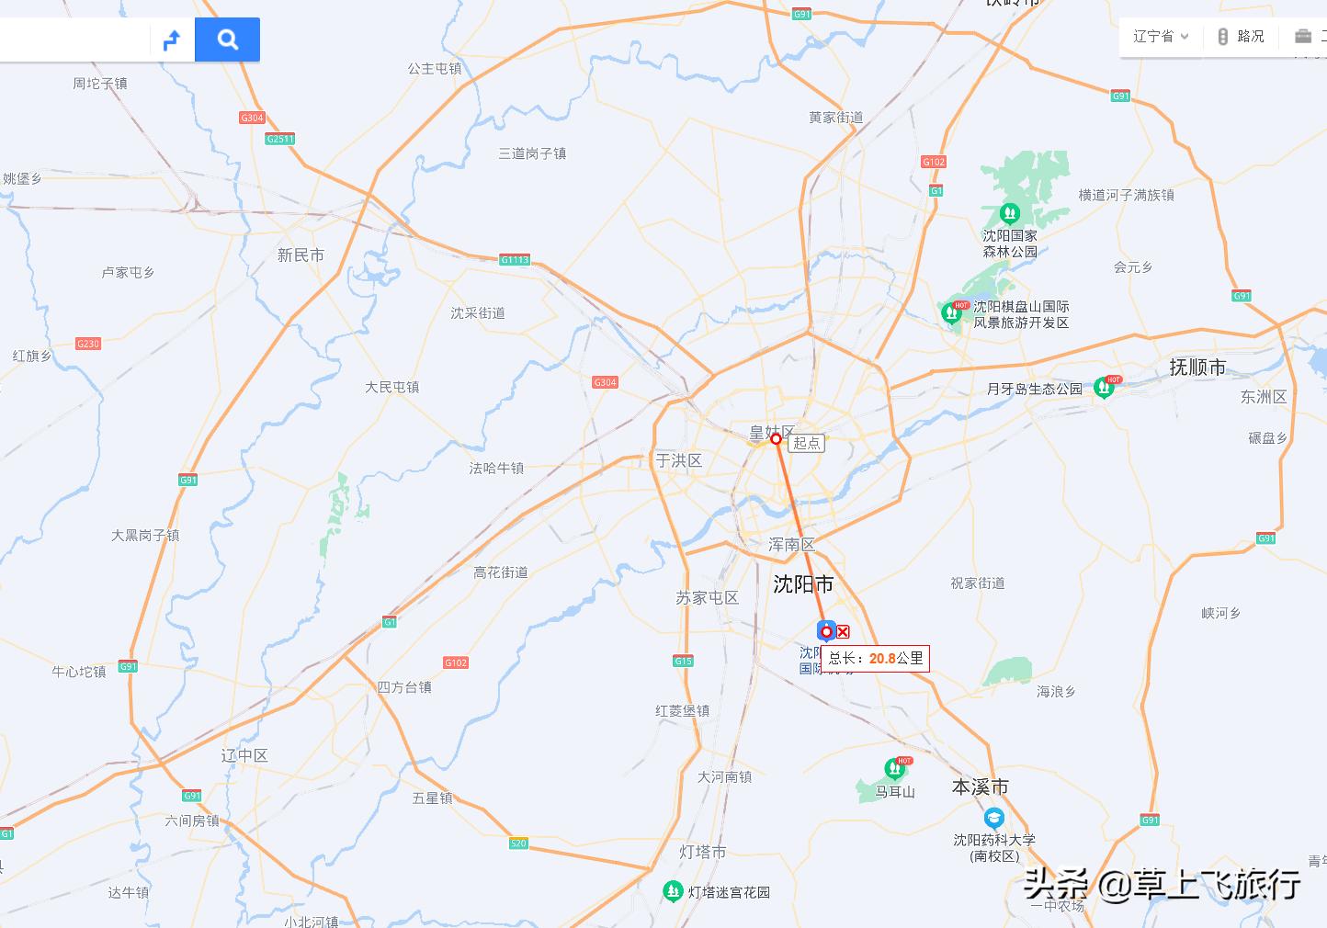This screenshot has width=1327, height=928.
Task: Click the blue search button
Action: click(x=227, y=40)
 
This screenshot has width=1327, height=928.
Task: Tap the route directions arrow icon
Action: click(x=172, y=40)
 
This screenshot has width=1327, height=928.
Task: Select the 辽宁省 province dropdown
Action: click(x=1160, y=37)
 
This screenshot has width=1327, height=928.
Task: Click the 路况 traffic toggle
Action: click(x=1241, y=37)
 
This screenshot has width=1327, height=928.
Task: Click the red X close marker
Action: click(x=843, y=632)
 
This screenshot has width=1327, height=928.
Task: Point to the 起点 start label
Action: click(x=807, y=443)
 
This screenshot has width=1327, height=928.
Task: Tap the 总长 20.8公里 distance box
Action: click(x=875, y=658)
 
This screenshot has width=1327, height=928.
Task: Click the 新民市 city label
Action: click(x=301, y=255)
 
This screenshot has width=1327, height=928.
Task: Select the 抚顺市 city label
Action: click(x=1197, y=368)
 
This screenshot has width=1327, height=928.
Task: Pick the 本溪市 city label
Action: click(x=980, y=787)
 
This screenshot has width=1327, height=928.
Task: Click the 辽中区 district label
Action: click(x=244, y=755)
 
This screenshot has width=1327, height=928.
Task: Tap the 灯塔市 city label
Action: click(x=702, y=852)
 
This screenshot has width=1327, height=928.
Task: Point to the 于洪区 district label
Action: click(x=678, y=460)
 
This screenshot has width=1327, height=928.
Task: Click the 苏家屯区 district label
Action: click(x=707, y=598)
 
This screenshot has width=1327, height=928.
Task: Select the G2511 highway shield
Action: click(x=279, y=139)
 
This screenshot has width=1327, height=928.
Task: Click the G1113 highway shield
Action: click(x=515, y=260)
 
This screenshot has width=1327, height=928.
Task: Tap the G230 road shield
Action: click(x=88, y=344)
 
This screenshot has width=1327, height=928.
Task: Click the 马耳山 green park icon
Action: click(x=892, y=768)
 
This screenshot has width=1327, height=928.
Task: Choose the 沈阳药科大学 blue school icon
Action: click(x=993, y=817)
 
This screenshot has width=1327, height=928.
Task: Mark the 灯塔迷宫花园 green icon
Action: click(x=673, y=890)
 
